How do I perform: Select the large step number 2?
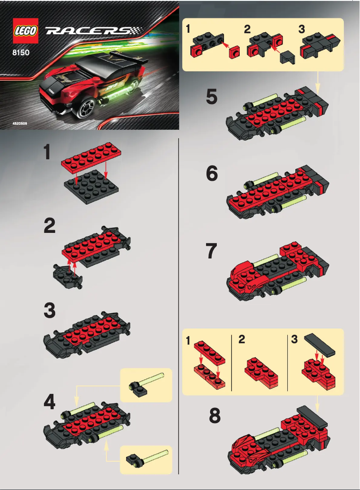point(50,226)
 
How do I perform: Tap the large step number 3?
point(50,310)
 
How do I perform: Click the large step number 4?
point(50,402)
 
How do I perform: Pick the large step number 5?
point(212,96)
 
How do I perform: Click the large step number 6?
point(212,173)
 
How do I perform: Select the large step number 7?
point(212,252)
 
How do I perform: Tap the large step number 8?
point(215,416)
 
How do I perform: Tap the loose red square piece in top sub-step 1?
point(234,53)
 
